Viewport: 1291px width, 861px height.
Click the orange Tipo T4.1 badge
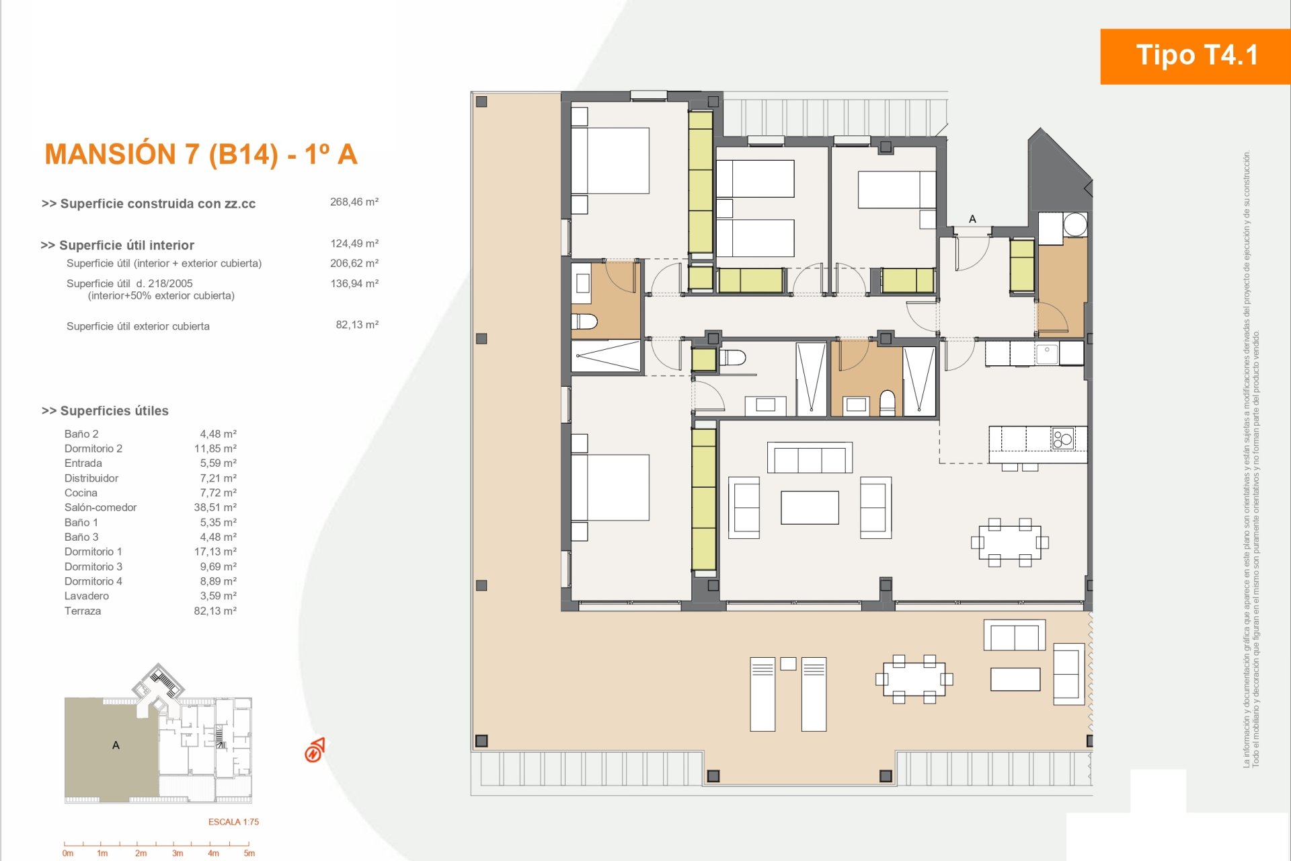[x=1196, y=57]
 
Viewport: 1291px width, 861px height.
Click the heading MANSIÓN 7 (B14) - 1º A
[x=200, y=154]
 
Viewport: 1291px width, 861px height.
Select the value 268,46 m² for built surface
[x=354, y=202]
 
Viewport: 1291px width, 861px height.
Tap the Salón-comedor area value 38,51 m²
[x=215, y=507]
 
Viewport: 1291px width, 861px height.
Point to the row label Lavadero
[x=87, y=596]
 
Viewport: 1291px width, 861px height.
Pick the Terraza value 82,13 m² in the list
[x=215, y=611]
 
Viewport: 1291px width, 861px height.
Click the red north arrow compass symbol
[x=314, y=750]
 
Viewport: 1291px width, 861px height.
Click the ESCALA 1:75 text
[x=233, y=822]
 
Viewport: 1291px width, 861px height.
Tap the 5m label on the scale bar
[x=249, y=854]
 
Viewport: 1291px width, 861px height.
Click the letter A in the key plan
[x=116, y=745]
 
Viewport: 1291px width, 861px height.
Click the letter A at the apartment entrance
[x=972, y=219]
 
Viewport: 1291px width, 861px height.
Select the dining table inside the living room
[x=1010, y=542]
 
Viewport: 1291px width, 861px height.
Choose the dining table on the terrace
[x=914, y=679]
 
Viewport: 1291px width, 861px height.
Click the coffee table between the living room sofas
[x=810, y=507]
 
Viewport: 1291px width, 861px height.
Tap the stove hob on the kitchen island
[x=1063, y=439]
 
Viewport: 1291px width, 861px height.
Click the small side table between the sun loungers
[x=788, y=664]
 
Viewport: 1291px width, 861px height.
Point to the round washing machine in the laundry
[x=1075, y=224]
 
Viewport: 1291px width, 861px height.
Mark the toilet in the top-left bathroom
[x=584, y=321]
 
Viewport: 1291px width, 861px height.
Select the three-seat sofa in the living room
[x=810, y=457]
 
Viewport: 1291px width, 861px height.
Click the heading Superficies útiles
[x=105, y=411]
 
